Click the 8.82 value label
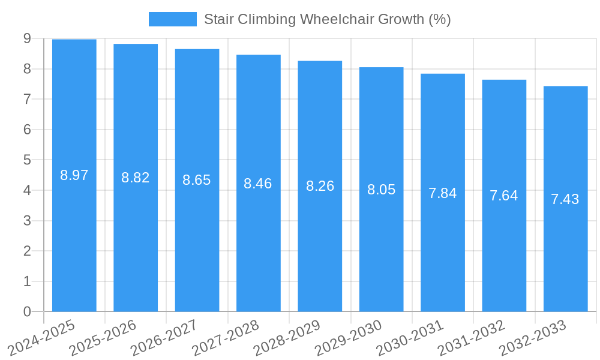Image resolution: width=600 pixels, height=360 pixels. coord(136,178)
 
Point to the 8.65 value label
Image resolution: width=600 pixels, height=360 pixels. coord(197,180)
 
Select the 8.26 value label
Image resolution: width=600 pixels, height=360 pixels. coord(320,186)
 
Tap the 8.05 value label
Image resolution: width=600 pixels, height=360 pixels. coord(381,190)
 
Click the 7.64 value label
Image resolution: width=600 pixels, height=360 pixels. coord(504,196)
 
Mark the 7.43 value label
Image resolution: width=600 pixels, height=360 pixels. coord(565,199)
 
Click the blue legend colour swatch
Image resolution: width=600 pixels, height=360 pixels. coord(172,19)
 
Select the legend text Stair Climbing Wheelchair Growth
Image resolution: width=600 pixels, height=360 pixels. coord(327,19)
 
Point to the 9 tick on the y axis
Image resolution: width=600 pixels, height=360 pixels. coord(27,39)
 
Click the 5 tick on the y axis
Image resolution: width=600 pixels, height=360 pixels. coord(27,160)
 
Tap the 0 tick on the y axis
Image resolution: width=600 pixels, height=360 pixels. coord(27,311)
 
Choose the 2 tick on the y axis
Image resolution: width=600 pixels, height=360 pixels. coord(27,251)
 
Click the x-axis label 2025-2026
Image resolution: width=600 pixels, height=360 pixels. coord(103,338)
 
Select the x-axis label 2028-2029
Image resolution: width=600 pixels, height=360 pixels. coord(287,338)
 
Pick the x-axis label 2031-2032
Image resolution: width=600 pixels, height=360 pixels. coord(472,338)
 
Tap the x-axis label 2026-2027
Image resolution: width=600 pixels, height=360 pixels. coord(164,338)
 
